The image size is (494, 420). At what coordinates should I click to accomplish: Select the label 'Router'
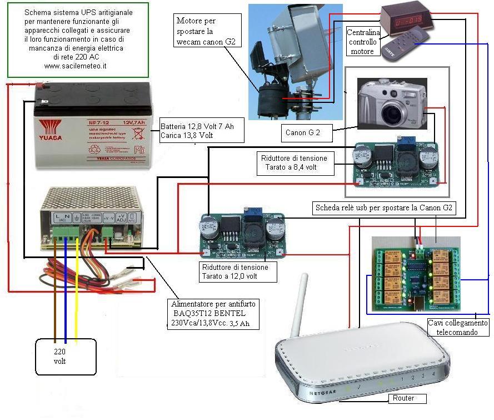point(403,398)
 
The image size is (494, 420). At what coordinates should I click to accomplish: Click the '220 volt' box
point(59,356)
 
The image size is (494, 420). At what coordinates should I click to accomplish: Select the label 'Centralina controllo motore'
point(362,42)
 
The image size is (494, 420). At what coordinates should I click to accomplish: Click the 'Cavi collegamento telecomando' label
point(458,327)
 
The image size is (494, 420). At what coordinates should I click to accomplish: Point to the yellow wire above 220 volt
point(77,300)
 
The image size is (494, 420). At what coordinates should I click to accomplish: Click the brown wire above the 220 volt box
point(55,300)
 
